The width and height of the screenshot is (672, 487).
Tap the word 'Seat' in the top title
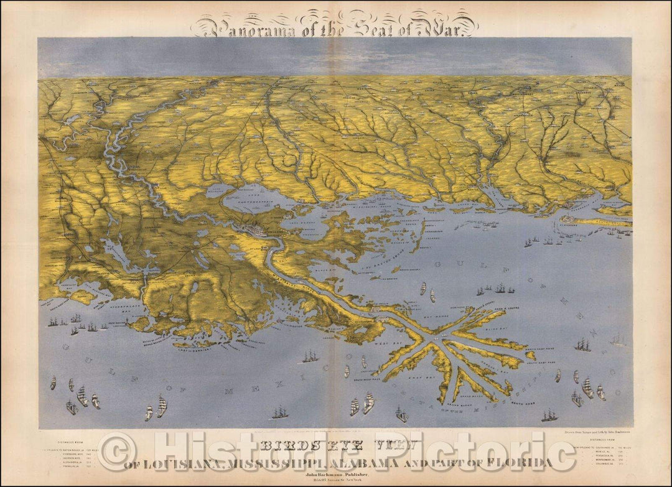[x=330, y=27]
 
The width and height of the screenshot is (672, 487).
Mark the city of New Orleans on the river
[x=257, y=232]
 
